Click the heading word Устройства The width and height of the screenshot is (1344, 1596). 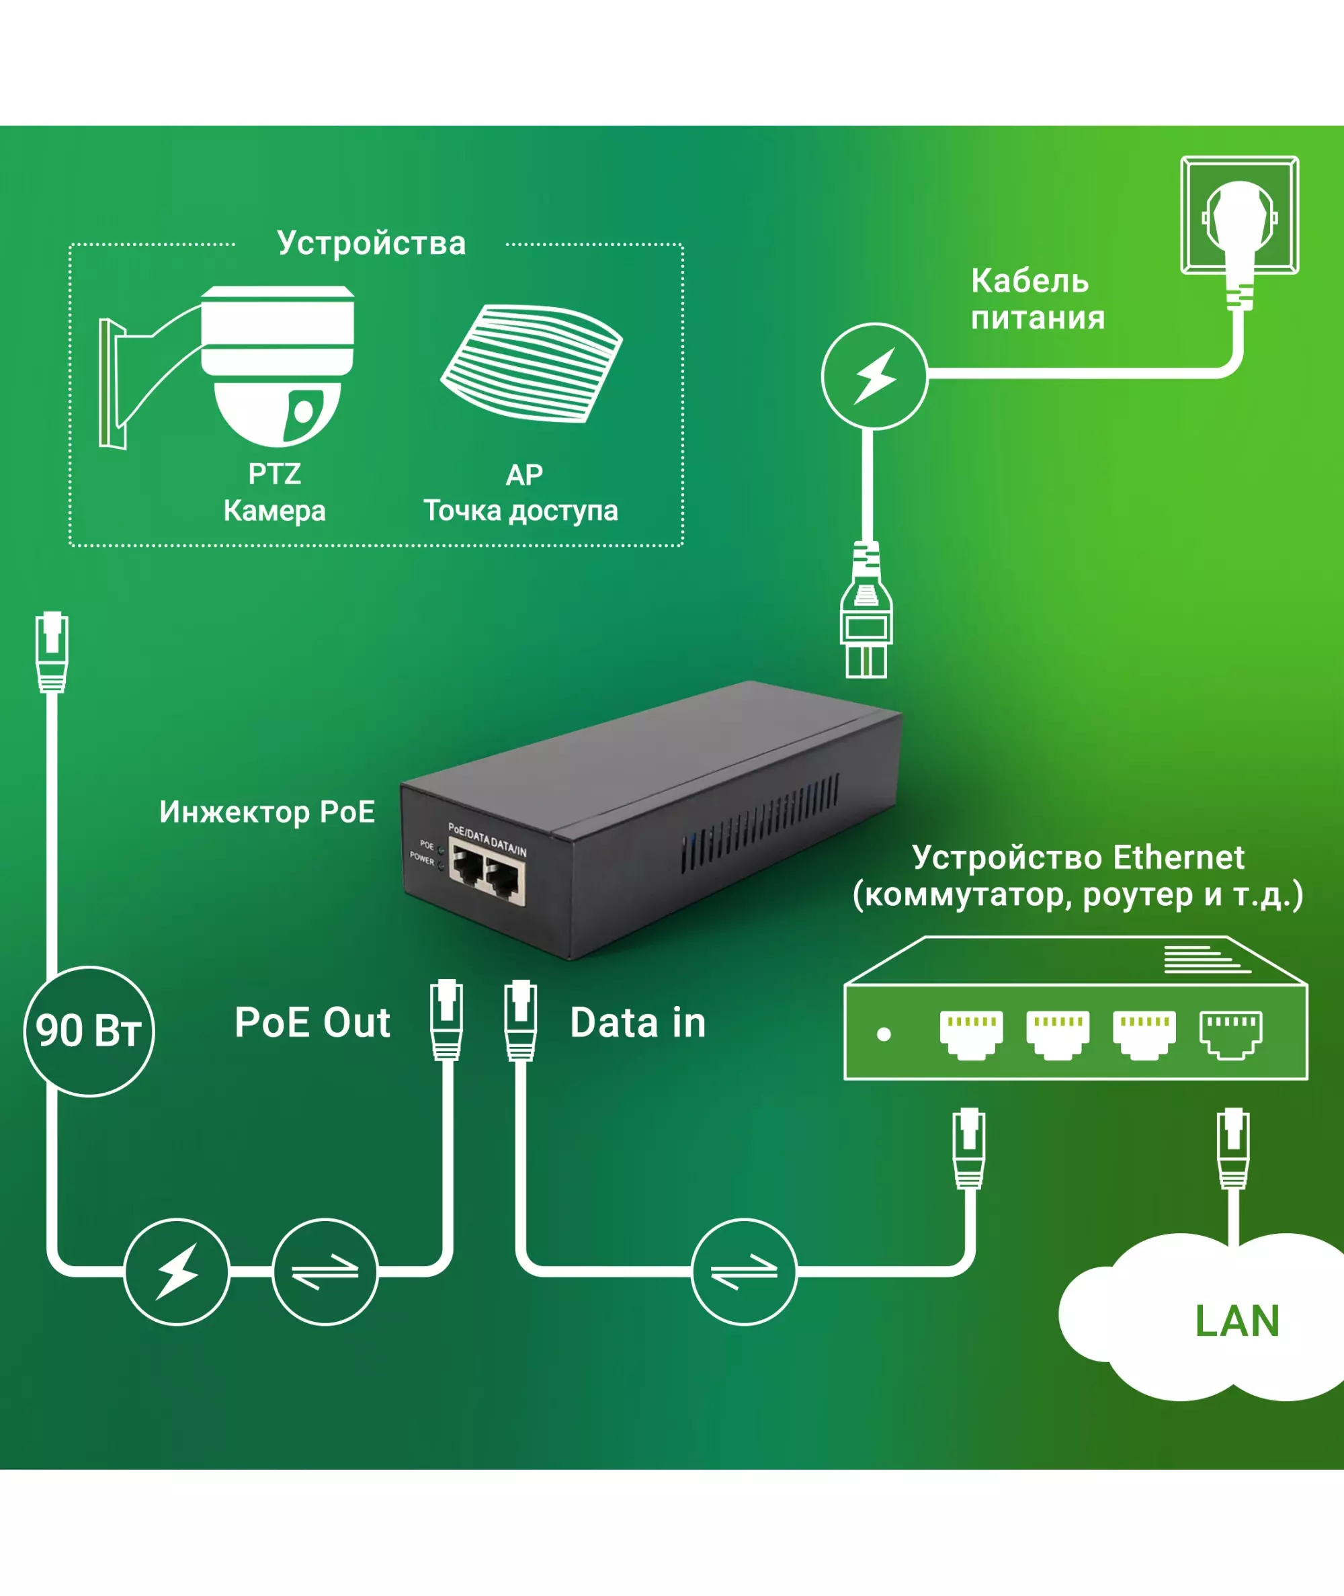[371, 243]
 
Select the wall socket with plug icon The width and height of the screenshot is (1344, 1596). [1240, 217]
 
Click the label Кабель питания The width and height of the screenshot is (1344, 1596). [1037, 300]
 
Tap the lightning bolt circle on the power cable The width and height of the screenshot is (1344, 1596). [875, 376]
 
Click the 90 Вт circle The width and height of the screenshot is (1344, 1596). [89, 1032]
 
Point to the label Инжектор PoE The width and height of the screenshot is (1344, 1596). [267, 812]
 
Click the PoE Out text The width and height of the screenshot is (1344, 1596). [312, 1022]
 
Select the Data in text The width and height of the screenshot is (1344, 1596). [638, 1022]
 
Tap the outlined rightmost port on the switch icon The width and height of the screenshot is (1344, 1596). [1230, 1034]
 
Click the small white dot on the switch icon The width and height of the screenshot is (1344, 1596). [884, 1034]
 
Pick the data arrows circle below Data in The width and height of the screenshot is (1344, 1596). [745, 1271]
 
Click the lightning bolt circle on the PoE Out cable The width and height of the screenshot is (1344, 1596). [177, 1271]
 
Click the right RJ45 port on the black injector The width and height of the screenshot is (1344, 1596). [503, 878]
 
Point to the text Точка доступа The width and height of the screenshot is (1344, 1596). [520, 511]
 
